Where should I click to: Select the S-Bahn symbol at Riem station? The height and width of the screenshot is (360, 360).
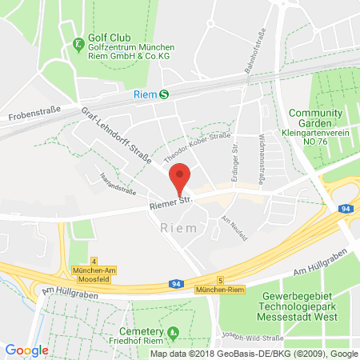point(164,93)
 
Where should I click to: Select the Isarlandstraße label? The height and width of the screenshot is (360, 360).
point(116,185)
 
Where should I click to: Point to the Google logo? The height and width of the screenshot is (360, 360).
point(27,350)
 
